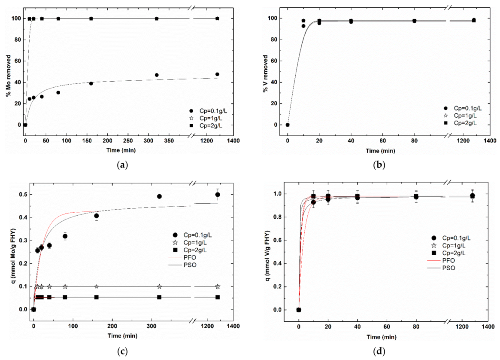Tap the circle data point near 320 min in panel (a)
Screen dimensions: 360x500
157,75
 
